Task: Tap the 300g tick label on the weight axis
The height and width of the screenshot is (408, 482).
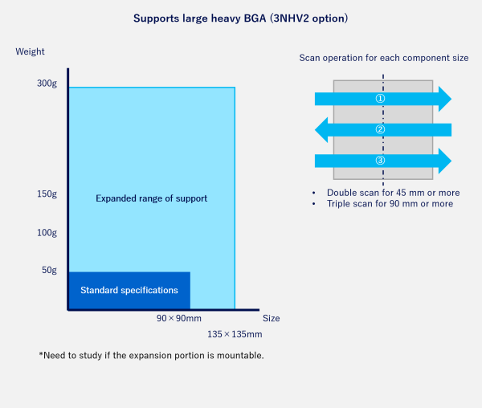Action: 47,84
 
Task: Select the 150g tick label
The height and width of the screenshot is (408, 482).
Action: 47,194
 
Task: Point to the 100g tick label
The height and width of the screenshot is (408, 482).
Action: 47,233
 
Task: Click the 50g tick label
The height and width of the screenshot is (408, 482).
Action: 49,271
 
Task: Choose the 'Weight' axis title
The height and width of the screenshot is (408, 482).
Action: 31,52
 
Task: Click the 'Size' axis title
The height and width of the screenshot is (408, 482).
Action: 271,318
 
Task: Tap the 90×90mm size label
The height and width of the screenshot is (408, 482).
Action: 179,319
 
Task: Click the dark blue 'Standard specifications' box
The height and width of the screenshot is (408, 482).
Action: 129,290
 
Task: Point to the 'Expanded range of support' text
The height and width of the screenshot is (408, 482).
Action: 152,198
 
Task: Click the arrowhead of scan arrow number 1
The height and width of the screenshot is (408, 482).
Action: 443,99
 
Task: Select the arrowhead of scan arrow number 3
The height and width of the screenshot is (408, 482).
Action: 443,161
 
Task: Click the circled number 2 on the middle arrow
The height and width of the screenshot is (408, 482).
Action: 381,129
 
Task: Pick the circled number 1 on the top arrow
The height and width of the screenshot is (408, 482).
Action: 381,99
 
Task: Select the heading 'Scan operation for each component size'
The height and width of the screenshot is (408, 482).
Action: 384,58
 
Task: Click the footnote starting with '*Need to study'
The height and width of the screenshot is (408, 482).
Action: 151,355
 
